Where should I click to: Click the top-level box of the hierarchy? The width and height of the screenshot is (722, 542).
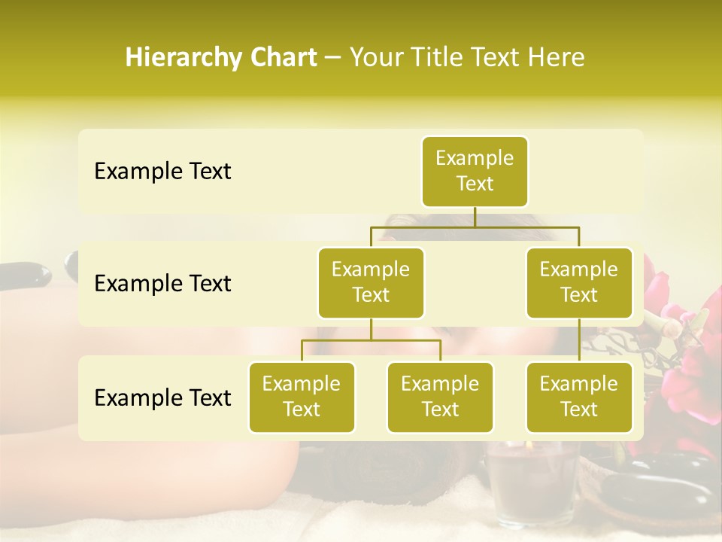pyautogui.click(x=475, y=171)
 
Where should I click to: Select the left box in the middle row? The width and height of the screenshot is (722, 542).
pyautogui.click(x=371, y=282)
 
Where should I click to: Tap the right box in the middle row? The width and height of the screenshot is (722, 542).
pyautogui.click(x=579, y=282)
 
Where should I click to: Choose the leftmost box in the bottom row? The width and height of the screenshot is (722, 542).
pyautogui.click(x=302, y=397)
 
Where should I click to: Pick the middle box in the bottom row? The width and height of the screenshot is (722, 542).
pyautogui.click(x=440, y=397)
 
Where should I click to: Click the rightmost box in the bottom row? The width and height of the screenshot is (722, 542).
pyautogui.click(x=579, y=397)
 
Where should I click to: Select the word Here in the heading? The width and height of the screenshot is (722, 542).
pyautogui.click(x=556, y=57)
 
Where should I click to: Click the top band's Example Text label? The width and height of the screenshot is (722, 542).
pyautogui.click(x=162, y=172)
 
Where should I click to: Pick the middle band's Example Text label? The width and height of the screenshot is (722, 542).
pyautogui.click(x=162, y=284)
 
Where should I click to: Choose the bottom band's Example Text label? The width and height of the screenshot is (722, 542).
pyautogui.click(x=162, y=398)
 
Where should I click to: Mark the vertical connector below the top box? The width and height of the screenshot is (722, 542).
pyautogui.click(x=475, y=217)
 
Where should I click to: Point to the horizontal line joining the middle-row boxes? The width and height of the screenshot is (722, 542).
pyautogui.click(x=475, y=226)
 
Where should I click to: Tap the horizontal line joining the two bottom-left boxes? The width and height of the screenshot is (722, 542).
pyautogui.click(x=371, y=340)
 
